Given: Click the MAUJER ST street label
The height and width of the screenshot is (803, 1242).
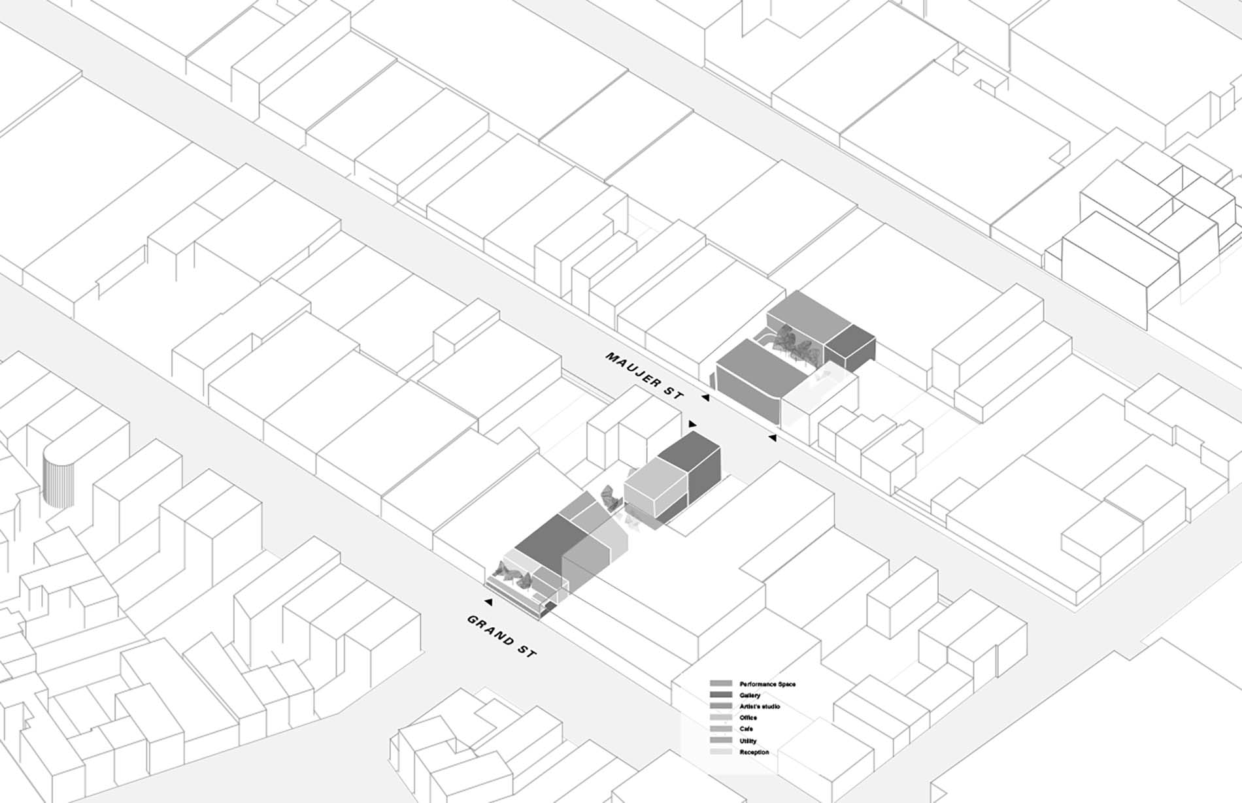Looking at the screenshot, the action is point(645,376).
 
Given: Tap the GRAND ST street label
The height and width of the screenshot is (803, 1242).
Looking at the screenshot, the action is point(501,636).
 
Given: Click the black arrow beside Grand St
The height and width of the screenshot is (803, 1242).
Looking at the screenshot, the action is point(488,601).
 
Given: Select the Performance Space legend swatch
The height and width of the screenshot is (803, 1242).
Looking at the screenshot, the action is point(721,683).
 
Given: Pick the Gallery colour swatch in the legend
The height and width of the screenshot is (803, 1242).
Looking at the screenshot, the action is point(721,695).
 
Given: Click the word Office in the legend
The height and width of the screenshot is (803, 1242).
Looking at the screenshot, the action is point(748,717).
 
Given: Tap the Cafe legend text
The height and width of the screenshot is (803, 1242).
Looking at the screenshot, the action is point(747,729).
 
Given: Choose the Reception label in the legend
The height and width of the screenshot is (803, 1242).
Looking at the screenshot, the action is point(754,753).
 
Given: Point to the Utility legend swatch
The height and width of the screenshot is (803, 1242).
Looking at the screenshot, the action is point(721,741).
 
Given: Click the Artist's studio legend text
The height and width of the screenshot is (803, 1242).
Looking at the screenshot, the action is point(760,706).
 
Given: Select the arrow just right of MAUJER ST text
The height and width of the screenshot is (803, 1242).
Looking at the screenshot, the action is point(705,397).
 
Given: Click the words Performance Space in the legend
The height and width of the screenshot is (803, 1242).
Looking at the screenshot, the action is point(767,684).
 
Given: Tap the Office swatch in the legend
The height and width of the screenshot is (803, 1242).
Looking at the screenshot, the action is point(721,718).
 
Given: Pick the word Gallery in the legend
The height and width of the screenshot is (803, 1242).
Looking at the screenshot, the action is point(750,695).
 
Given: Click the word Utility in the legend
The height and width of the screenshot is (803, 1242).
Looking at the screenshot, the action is point(748,741).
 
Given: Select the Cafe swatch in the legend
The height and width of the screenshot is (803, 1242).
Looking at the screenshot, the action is point(721,729).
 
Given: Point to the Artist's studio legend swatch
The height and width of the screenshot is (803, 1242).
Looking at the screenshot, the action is point(721,706).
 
